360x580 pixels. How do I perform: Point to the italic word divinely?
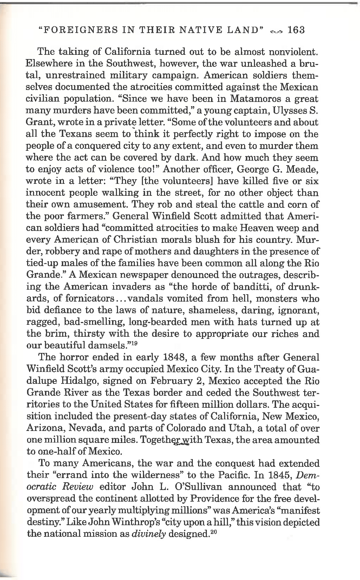[149, 534]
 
